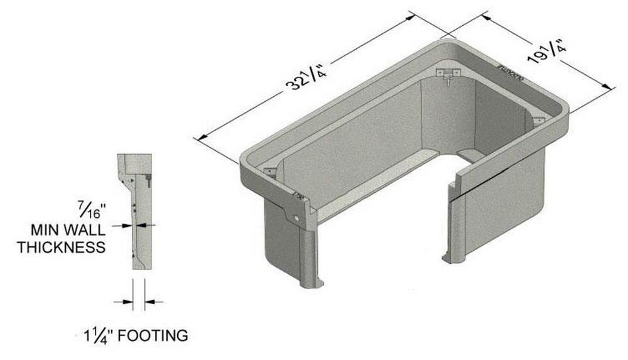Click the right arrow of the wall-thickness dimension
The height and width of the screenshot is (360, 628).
(148, 225)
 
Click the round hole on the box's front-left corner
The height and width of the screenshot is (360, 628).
(295, 217)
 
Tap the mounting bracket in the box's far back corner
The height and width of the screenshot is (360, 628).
(447, 75)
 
